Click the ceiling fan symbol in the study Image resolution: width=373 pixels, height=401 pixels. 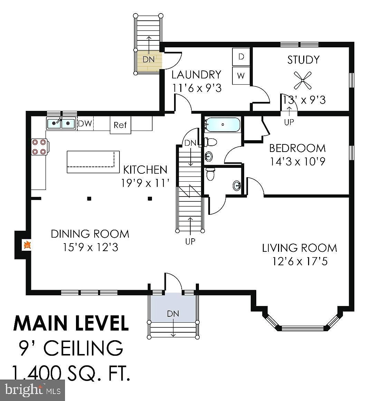(303, 80)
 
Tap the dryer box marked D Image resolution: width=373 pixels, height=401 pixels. (241, 57)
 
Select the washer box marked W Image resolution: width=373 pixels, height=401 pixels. (241, 76)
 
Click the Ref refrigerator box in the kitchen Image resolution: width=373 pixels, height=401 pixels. (121, 125)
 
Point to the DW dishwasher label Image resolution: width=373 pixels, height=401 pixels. (85, 124)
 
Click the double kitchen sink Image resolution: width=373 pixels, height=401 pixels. (61, 123)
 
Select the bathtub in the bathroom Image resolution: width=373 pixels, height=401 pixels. (223, 125)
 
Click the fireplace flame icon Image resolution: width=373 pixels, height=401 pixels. (27, 245)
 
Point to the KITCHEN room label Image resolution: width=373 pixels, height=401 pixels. (145, 170)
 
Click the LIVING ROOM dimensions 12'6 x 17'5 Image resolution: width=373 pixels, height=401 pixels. (300, 261)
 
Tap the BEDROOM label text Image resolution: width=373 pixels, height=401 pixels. (297, 148)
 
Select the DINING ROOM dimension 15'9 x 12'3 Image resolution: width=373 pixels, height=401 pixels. (90, 247)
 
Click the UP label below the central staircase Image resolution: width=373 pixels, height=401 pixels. (190, 241)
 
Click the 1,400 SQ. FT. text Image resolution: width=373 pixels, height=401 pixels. (71, 373)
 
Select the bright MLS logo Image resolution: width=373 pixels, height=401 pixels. (32, 390)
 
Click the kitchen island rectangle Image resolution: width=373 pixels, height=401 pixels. (93, 162)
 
